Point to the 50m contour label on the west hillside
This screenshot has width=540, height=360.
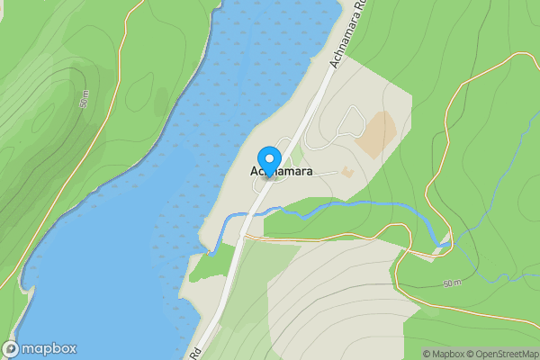(85, 100)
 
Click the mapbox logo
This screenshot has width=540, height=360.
(40, 349)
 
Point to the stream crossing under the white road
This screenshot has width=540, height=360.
(250, 215)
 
